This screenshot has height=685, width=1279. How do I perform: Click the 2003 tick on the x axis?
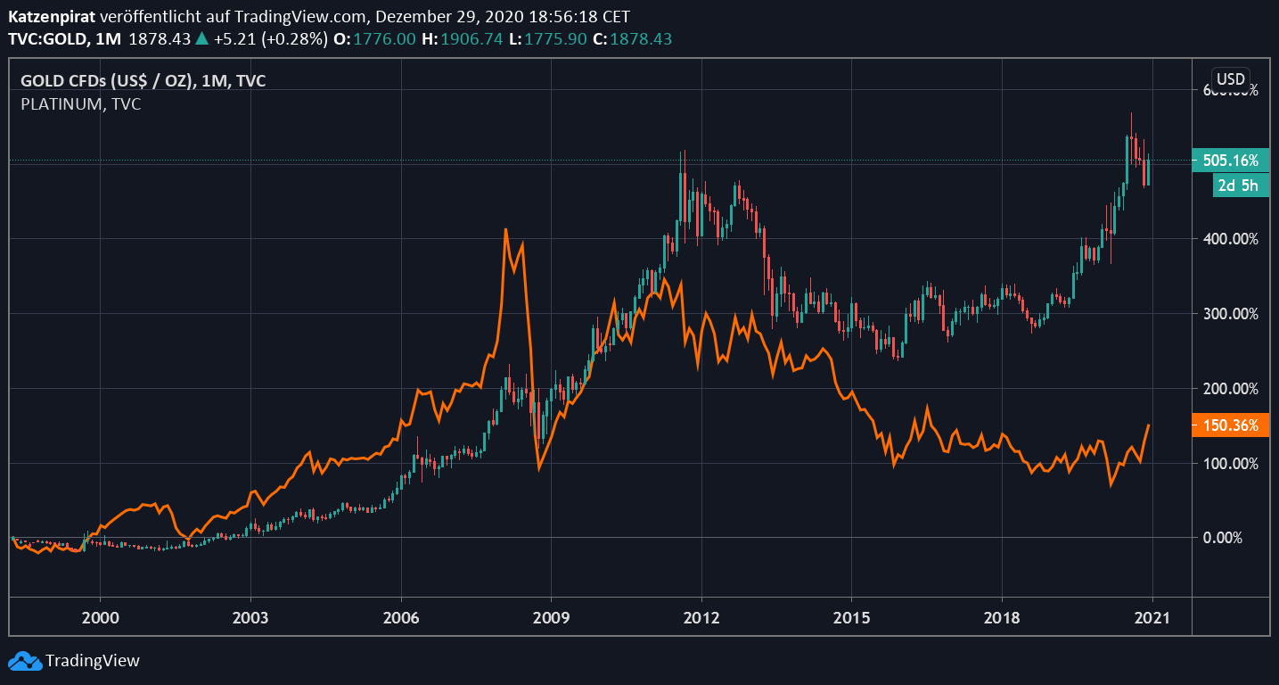coord(250,617)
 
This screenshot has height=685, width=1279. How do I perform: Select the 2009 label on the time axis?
coord(551,617)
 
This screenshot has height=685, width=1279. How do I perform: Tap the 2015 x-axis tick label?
coord(851,617)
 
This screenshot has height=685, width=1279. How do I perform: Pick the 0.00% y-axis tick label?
coord(1237,538)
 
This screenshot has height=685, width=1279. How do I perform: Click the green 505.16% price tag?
coord(1230,161)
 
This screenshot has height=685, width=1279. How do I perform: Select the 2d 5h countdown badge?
coord(1240,186)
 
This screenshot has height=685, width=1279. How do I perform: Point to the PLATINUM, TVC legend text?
coord(80,104)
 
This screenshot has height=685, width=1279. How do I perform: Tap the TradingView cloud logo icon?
coord(25,661)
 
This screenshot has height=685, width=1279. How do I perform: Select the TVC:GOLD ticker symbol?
coord(50,39)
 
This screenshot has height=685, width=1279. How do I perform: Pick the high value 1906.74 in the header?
coord(463,39)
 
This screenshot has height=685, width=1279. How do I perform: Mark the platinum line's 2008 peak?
coord(505,230)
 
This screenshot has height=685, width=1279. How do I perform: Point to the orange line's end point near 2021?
coord(1150,425)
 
